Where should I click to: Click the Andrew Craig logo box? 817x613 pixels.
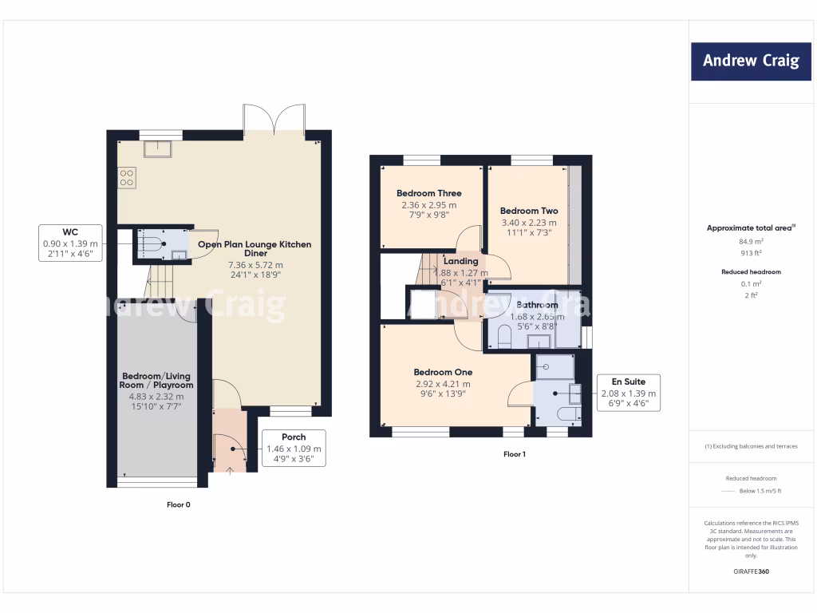pyautogui.click(x=751, y=61)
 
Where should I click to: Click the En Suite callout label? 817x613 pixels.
pyautogui.click(x=629, y=393)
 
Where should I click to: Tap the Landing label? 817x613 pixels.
pyautogui.click(x=460, y=261)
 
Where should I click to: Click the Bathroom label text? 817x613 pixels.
pyautogui.click(x=537, y=305)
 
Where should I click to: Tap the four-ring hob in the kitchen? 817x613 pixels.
pyautogui.click(x=126, y=176)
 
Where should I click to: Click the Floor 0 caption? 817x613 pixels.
pyautogui.click(x=178, y=504)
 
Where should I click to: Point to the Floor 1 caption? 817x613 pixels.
pyautogui.click(x=515, y=454)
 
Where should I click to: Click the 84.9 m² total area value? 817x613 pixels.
pyautogui.click(x=750, y=239)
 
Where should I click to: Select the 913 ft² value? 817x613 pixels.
pyautogui.click(x=750, y=251)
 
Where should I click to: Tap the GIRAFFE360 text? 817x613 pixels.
pyautogui.click(x=750, y=571)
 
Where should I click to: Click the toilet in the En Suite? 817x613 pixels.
pyautogui.click(x=566, y=414)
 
